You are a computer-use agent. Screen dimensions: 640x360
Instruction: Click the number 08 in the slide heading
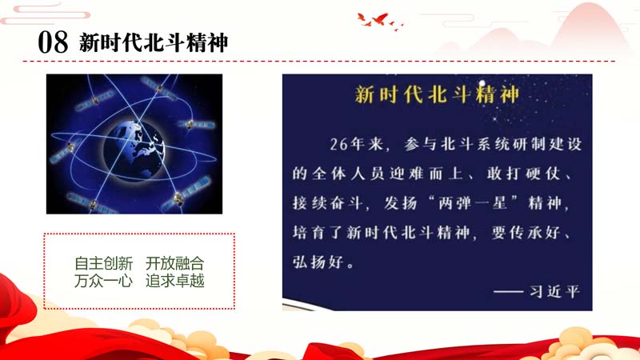tap(53, 42)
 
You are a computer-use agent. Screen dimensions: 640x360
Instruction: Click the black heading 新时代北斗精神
tap(154, 42)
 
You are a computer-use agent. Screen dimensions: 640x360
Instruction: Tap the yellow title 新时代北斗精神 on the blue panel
tap(437, 94)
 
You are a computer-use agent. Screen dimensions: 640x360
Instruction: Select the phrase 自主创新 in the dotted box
tap(104, 264)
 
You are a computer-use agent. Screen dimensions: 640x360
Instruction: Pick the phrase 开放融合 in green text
tap(174, 264)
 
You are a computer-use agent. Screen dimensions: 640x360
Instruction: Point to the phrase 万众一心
tap(104, 281)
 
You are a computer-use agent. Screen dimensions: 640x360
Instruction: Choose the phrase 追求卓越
tap(174, 281)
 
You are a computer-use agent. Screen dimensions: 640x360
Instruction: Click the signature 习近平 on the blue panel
tap(554, 292)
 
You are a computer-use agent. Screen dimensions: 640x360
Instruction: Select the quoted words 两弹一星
tap(473, 203)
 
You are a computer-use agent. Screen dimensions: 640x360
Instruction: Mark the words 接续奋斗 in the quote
tap(327, 203)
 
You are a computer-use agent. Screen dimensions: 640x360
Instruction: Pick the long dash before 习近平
tap(508, 292)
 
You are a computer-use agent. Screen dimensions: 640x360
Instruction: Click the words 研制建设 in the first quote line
tap(538, 145)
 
